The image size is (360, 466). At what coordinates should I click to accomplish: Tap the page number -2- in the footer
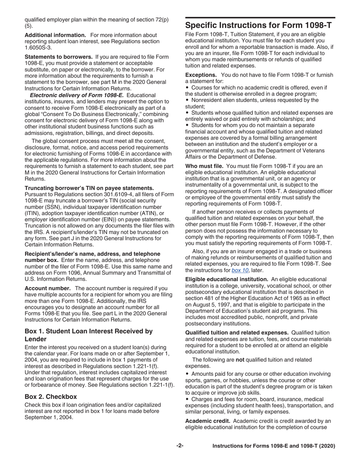(x=180, y=446)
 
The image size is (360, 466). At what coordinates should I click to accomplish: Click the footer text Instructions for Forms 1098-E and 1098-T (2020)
(x=274, y=446)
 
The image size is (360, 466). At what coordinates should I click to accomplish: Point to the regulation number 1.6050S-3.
(x=39, y=48)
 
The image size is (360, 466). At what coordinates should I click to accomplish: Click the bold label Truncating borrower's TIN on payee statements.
(x=89, y=188)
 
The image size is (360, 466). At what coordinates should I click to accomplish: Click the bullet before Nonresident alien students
(x=187, y=100)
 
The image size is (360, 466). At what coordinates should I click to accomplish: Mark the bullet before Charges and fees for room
(x=187, y=399)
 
